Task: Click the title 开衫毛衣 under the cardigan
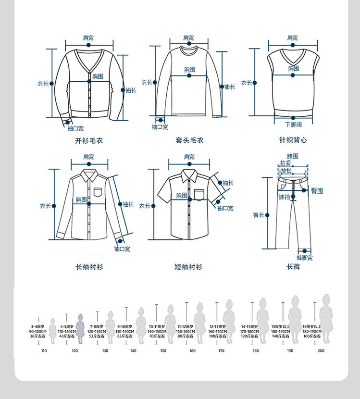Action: [89, 141]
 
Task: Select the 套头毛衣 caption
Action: [189, 141]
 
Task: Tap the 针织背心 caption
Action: [293, 140]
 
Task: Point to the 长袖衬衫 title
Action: [89, 267]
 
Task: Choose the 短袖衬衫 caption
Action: [188, 267]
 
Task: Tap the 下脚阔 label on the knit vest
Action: [293, 125]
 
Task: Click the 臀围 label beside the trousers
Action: [317, 191]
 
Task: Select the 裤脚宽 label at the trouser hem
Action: [304, 258]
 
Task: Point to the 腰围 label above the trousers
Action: [293, 156]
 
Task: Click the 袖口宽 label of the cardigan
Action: [75, 128]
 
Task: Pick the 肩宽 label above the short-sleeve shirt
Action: [189, 157]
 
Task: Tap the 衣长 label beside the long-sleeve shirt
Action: [45, 206]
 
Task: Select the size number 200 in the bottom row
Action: [321, 350]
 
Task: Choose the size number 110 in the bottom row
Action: [44, 350]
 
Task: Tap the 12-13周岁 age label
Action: [217, 326]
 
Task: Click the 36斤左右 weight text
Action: [37, 336]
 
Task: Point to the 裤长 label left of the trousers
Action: [259, 215]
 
